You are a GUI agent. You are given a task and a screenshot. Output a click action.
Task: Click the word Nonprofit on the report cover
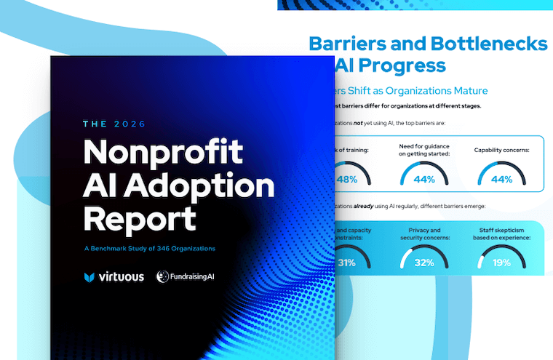163,153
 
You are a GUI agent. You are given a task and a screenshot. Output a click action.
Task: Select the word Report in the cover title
140,218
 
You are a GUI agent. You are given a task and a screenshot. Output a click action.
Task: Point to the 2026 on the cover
131,124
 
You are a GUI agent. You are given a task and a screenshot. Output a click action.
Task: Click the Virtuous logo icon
89,276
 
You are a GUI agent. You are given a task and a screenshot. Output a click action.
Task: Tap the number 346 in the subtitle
162,249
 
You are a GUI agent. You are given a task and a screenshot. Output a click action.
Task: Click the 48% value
347,180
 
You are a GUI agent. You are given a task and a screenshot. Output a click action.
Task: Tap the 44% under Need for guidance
423,180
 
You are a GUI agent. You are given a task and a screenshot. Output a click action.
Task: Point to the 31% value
347,263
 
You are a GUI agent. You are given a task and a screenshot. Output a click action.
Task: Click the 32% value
423,263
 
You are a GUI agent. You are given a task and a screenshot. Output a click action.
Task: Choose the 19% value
501,263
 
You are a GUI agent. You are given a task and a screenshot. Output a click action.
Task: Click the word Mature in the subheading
467,91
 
